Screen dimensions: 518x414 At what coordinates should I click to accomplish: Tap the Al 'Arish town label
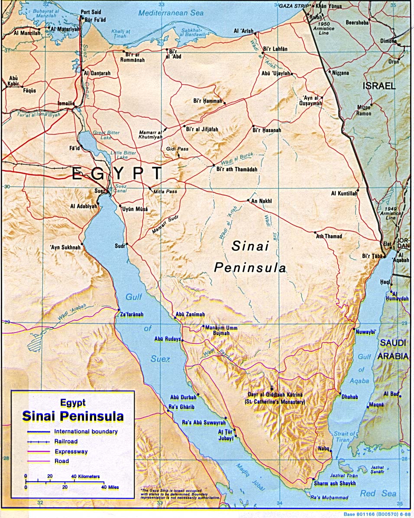(243, 31)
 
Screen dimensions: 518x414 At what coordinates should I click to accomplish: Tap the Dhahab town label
(350, 396)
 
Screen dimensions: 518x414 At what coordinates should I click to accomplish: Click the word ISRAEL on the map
(379, 86)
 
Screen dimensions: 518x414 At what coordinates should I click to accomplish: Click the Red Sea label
(378, 494)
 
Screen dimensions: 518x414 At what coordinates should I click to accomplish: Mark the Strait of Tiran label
(345, 437)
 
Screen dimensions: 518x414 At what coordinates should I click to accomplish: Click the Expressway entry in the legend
(71, 451)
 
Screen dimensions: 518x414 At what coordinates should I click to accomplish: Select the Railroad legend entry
(66, 441)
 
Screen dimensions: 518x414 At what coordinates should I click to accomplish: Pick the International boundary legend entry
(86, 431)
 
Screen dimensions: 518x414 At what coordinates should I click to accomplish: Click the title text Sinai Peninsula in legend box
(73, 416)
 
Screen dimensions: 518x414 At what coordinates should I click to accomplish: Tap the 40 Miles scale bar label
(111, 487)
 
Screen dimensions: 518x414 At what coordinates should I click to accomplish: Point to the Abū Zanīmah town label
(190, 314)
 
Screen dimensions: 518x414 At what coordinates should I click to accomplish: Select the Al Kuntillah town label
(344, 193)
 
